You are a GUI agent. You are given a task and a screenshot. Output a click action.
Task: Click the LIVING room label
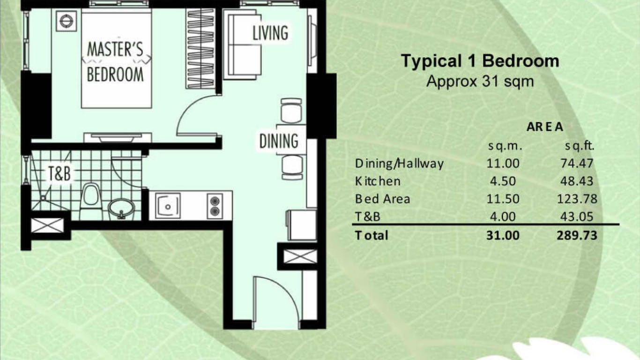[x=270, y=33]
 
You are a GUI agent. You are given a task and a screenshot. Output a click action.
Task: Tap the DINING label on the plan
[x=279, y=141]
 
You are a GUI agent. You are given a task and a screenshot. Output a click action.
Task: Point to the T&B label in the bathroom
[x=60, y=173]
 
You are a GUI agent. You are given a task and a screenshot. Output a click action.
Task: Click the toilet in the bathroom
[x=90, y=200]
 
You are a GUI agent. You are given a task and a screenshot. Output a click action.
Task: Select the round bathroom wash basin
[x=121, y=209]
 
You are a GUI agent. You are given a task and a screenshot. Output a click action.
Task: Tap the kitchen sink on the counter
[x=168, y=206]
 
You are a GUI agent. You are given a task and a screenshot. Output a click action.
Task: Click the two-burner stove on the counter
[x=215, y=206]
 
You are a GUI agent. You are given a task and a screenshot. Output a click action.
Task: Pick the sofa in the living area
[x=242, y=45]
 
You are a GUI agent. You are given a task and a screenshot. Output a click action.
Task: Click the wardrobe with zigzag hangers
[x=200, y=48]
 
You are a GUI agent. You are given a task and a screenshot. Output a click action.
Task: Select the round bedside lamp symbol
[x=66, y=21]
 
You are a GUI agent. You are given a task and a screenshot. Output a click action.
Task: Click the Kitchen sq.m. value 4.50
[x=503, y=181]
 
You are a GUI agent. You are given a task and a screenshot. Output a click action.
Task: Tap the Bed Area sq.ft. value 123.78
[x=577, y=199]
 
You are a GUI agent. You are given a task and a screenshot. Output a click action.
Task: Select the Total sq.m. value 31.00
[x=503, y=235]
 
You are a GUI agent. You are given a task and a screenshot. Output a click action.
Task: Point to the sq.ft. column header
[x=580, y=146]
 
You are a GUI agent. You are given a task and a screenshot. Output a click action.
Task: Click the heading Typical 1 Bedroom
[x=480, y=61]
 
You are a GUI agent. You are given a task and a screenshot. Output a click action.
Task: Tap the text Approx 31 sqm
[x=480, y=82]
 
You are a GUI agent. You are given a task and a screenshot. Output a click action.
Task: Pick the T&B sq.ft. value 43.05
[x=577, y=217]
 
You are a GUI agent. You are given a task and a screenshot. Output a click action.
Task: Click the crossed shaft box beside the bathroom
[x=47, y=225]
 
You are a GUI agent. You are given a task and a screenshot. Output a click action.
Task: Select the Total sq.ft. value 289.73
[x=577, y=235]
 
